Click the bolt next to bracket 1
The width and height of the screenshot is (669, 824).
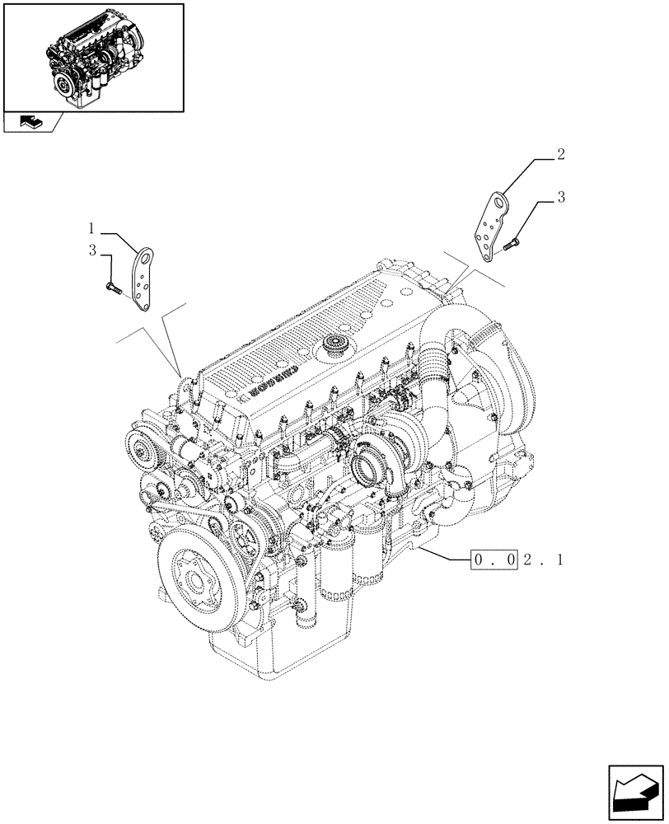[x=113, y=288]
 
